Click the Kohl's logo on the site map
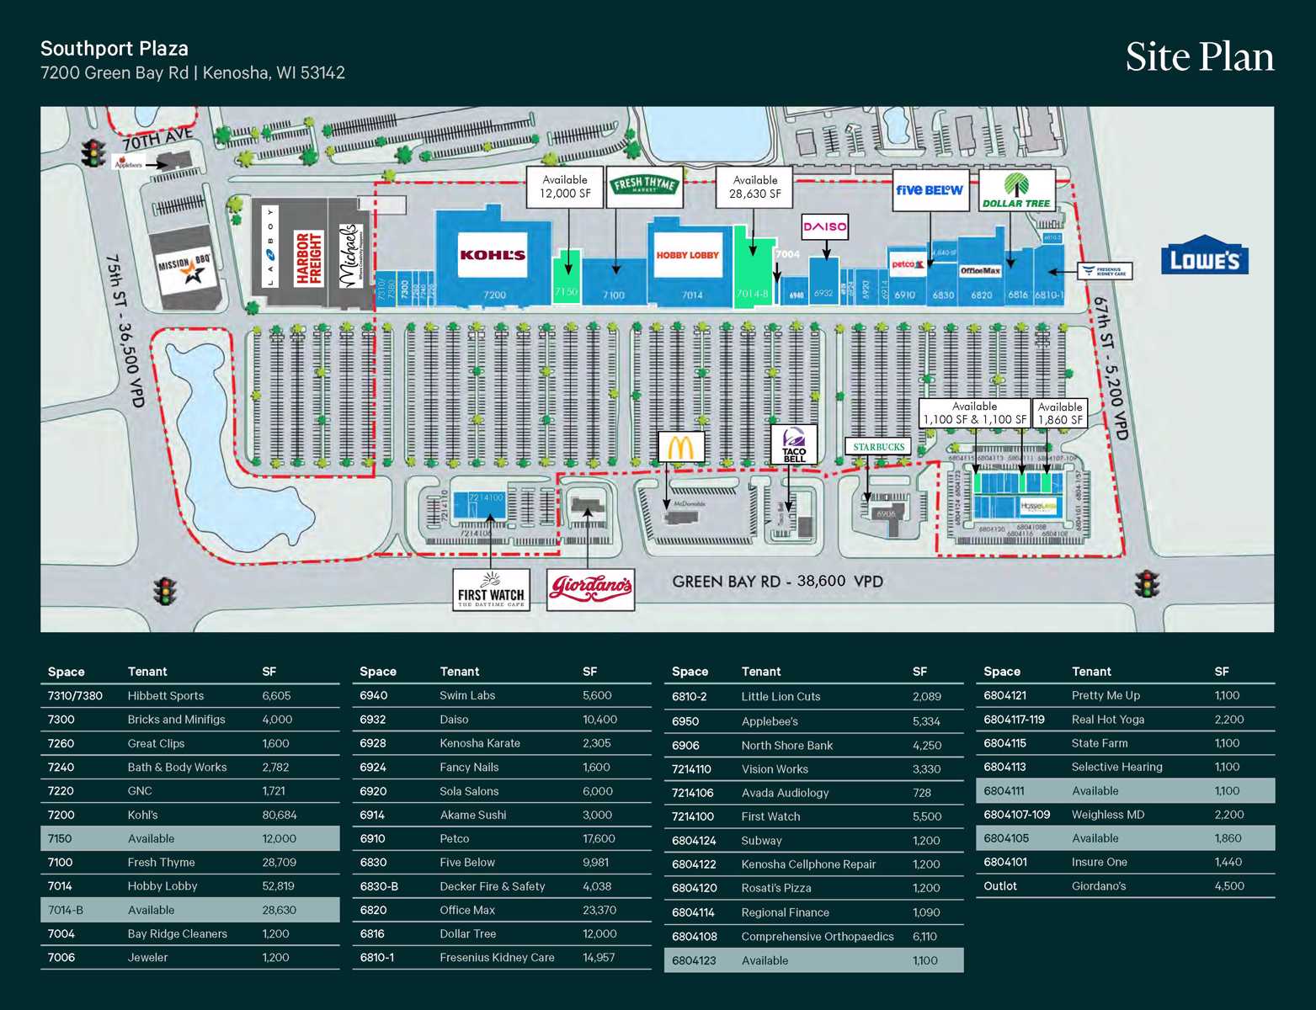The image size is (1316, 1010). (x=493, y=255)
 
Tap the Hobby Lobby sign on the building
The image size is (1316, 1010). (x=688, y=255)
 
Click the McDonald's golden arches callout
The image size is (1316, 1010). (x=680, y=447)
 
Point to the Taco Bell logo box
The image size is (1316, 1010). (x=794, y=444)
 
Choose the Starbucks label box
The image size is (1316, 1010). (x=877, y=447)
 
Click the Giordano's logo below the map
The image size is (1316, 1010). (x=590, y=589)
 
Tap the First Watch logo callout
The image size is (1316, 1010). (x=491, y=590)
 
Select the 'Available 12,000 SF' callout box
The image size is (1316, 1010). (x=565, y=187)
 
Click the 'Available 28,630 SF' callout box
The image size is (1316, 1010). (x=754, y=187)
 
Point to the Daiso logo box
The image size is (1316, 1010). (x=824, y=226)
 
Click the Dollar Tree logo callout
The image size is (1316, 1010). (x=1016, y=191)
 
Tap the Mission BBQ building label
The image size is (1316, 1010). (x=184, y=268)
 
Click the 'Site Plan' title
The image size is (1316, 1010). (x=1199, y=57)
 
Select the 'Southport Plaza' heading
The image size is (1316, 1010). (x=115, y=49)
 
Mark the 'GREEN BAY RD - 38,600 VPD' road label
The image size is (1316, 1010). (x=776, y=582)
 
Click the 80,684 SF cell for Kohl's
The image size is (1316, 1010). (x=279, y=815)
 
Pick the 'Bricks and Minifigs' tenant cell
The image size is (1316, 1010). (x=176, y=720)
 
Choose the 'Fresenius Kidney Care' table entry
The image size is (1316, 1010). (x=497, y=957)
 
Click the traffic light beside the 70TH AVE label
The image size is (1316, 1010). (x=92, y=153)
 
